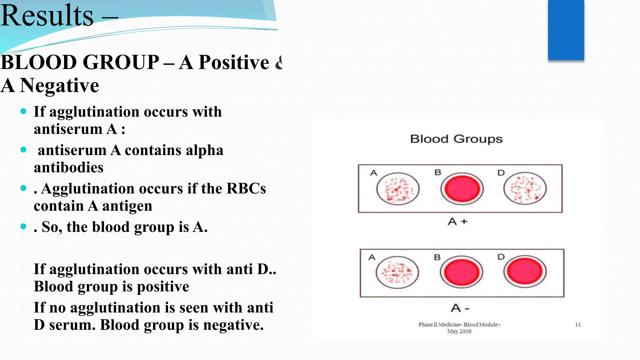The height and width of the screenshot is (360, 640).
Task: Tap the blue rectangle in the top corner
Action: point(566,30)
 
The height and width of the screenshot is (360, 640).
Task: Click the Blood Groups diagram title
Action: point(456,139)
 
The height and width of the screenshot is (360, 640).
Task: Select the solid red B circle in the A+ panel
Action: point(462,189)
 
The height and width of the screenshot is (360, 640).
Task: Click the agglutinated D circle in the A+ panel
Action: point(525,188)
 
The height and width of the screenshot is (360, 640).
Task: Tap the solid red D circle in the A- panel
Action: point(525,272)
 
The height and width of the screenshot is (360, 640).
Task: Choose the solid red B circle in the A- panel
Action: point(462,272)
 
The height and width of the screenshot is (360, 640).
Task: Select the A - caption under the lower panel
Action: point(460,308)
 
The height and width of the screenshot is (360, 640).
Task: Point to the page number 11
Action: point(578,325)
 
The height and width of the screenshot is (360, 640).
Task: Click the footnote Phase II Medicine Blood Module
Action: point(459,325)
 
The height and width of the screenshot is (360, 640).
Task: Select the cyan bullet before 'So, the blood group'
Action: point(23,226)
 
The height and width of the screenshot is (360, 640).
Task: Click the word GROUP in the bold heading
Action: point(121,62)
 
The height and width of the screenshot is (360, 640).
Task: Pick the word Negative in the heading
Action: point(59,86)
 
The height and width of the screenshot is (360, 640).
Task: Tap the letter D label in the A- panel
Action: point(501,257)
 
